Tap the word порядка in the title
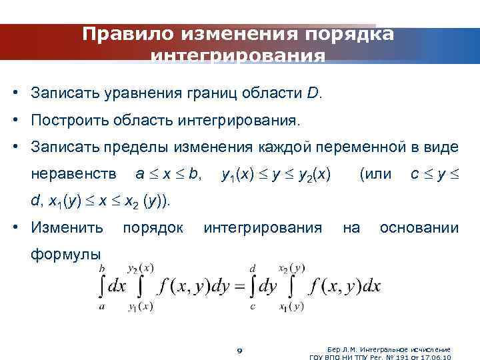351,33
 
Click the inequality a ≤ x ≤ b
168,174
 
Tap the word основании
419,229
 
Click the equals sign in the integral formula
238,286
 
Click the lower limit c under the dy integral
251,307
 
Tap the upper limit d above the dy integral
253,267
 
